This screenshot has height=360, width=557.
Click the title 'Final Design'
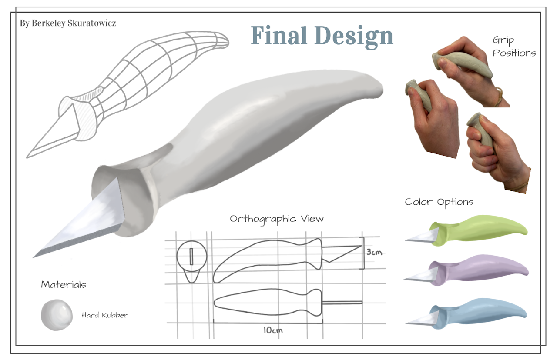tap(322, 36)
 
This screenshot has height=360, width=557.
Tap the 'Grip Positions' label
tap(514, 47)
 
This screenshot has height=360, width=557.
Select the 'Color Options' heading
tap(439, 202)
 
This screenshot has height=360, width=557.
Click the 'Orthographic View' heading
tap(277, 218)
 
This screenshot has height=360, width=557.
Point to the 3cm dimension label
tap(374, 252)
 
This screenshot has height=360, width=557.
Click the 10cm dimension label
tap(273, 330)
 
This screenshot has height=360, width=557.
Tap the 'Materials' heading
tap(64, 285)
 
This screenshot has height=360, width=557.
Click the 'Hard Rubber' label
tap(105, 315)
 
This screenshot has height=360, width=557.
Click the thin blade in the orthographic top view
tap(342, 303)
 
